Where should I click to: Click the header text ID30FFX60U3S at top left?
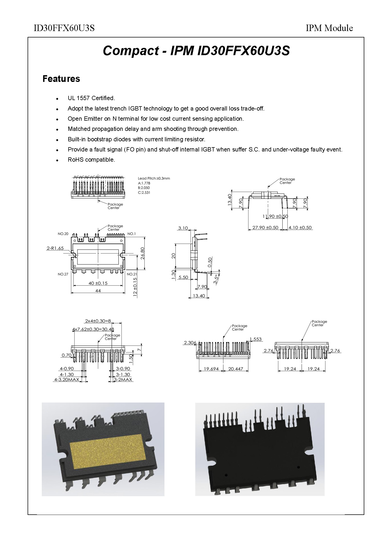(64, 28)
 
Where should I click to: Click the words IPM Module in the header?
(329, 28)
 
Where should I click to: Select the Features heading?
(61, 79)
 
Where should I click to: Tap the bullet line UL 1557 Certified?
(91, 98)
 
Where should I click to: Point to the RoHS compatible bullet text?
(91, 160)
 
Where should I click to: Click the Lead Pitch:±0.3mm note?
(154, 178)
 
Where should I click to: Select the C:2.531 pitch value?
(144, 192)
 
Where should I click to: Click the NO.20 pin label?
(63, 234)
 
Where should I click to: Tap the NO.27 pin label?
(63, 274)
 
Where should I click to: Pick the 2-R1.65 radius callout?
(55, 248)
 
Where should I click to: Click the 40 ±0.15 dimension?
(98, 283)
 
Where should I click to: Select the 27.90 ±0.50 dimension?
(265, 228)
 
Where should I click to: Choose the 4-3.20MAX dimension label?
(67, 380)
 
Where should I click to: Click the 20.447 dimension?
(235, 369)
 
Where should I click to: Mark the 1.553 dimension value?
(256, 339)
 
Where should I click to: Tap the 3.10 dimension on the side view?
(183, 228)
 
